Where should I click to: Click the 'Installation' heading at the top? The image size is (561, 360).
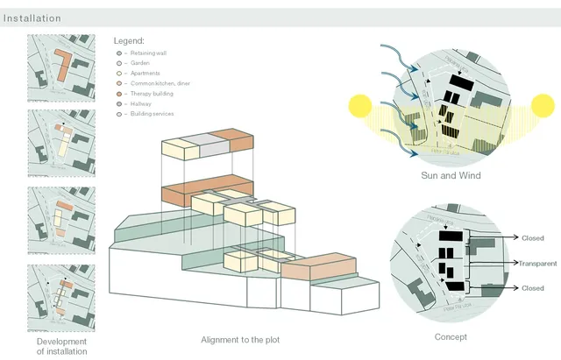[x=32, y=18]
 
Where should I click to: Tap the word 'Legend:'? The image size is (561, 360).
[x=129, y=41]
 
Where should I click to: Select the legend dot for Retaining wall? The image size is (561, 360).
[x=118, y=53]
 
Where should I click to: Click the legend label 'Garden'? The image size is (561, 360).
[x=140, y=63]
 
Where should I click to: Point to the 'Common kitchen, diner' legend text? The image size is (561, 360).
[x=160, y=83]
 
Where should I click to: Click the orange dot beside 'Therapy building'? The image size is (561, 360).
[x=118, y=94]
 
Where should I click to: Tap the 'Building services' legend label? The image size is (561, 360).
[x=153, y=114]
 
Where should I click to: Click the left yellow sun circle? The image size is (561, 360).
[x=360, y=108]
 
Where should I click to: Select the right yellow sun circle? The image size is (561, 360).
[x=543, y=108]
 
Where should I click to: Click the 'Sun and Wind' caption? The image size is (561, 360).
[x=451, y=175]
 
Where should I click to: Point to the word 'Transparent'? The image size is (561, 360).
[x=537, y=264]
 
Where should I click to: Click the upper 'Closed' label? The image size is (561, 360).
[x=532, y=237]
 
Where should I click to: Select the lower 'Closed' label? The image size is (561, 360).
[x=532, y=288]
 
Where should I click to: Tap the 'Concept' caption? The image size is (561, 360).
[x=451, y=337]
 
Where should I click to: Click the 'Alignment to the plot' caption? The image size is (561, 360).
[x=240, y=339]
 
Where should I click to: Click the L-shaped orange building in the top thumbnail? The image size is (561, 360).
[x=64, y=67]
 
